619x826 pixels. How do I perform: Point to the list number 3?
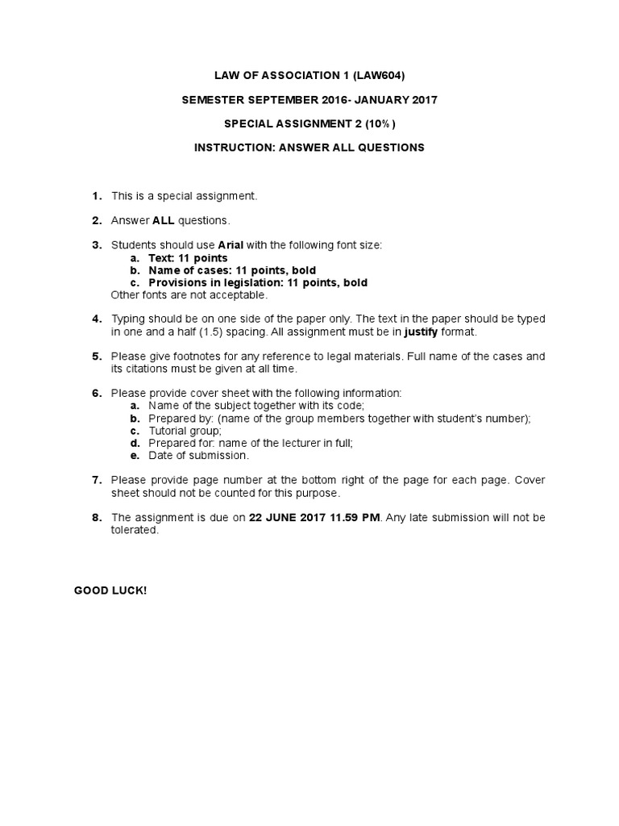(x=97, y=244)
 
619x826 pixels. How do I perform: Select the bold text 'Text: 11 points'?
(x=188, y=257)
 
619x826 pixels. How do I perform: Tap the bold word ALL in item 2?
(x=164, y=220)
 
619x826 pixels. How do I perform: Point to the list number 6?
(x=97, y=393)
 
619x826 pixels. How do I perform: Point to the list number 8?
(x=97, y=518)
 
